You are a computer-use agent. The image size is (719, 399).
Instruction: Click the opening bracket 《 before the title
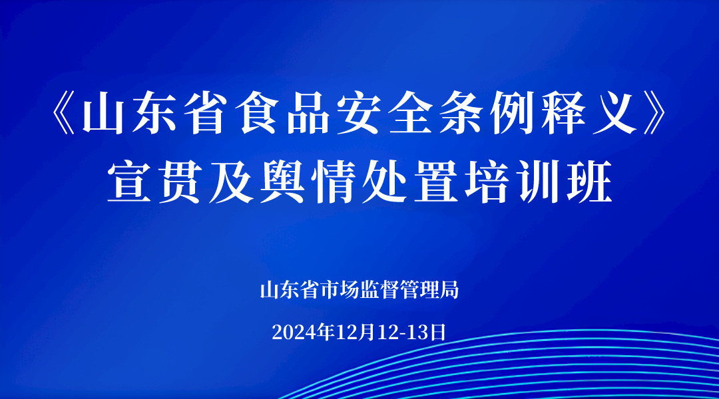click(x=64, y=116)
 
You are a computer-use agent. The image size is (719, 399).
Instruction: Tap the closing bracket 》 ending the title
click(x=654, y=116)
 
